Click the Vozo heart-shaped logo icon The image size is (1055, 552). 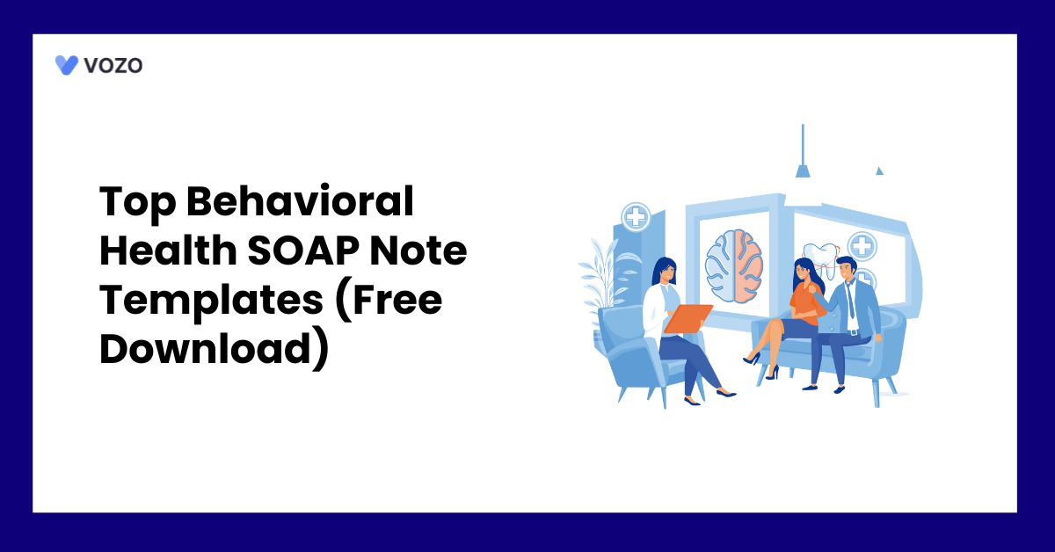(67, 64)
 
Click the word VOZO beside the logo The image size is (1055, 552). (113, 64)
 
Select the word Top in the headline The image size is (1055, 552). (132, 204)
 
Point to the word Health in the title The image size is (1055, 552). (162, 253)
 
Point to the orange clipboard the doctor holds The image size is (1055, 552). (688, 318)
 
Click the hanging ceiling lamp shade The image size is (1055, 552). (802, 171)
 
